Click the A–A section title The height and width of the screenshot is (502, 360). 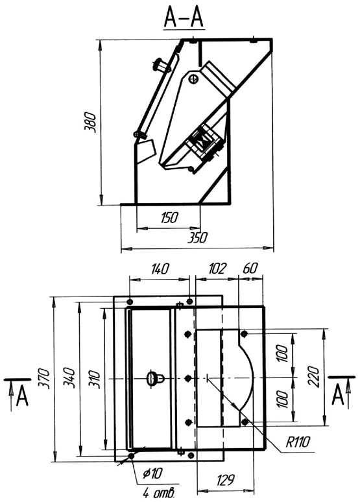pos(184,18)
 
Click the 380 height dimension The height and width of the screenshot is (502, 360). pos(90,123)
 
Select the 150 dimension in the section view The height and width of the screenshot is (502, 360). pos(169,218)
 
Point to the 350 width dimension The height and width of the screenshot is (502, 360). pos(198,238)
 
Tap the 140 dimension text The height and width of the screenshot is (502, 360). pos(158,269)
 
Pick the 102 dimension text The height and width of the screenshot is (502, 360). pos(217,269)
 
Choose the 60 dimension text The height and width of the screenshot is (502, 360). pos(250,268)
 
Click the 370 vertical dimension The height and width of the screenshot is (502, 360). pos(44,379)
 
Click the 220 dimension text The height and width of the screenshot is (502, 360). pos(314,377)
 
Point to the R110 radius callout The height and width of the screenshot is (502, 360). pos(298,443)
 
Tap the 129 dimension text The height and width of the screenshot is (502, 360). pos(226,480)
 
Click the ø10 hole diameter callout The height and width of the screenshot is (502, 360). pos(153,473)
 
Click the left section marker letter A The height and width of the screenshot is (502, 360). pos(22,396)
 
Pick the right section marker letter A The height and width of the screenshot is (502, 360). pos(337,394)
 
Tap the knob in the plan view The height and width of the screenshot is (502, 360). pos(154,379)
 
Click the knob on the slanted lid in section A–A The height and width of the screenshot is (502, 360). pos(162,66)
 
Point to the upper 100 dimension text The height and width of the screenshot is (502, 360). pos(283,353)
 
